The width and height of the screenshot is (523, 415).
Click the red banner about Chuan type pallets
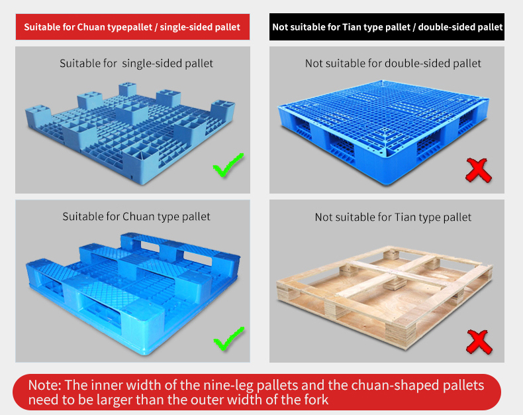point(133,27)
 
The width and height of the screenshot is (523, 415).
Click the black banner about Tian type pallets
point(387,27)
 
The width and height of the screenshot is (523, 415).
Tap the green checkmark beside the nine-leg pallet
point(228,165)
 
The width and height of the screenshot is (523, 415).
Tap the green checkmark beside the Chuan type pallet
point(229,339)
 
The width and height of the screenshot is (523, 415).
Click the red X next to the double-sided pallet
point(479,170)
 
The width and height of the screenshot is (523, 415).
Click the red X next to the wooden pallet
point(479,342)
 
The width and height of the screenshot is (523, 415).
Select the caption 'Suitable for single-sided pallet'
point(136,63)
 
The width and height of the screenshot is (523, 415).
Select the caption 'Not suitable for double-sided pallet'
point(393,63)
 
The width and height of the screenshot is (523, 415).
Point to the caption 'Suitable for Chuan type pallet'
point(136,217)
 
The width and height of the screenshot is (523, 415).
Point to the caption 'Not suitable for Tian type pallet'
point(393,217)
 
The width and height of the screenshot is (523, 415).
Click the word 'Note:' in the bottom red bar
point(45,385)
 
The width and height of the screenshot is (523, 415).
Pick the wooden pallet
point(385,298)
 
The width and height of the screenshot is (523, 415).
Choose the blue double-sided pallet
point(383,132)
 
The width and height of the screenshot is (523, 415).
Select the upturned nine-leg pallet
point(130,134)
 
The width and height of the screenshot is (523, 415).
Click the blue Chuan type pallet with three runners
point(134,294)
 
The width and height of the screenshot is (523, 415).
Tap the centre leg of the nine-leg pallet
point(132,113)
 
